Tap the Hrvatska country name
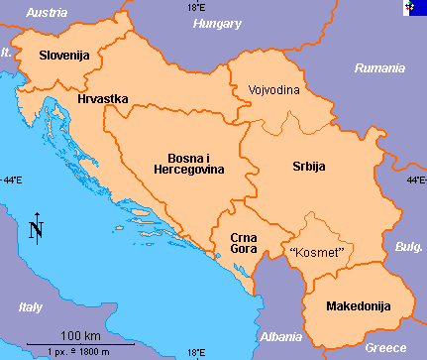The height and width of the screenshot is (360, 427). point(104,100)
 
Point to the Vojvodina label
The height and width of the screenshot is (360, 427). point(273,89)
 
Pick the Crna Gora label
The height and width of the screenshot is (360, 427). point(245,244)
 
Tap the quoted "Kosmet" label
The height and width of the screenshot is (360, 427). point(316,252)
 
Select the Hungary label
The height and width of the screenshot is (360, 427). point(217,23)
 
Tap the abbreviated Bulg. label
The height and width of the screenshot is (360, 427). point(409,246)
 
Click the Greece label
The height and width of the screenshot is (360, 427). point(385,348)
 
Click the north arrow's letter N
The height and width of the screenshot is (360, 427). point(37,232)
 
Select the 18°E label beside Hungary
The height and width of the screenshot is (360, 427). point(197,8)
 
